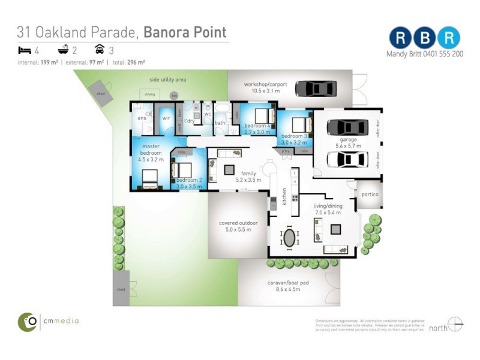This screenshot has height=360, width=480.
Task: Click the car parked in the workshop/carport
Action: click(315, 89)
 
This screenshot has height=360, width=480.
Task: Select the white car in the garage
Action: click(347, 160)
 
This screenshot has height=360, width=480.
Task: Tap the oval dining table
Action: click(290, 237)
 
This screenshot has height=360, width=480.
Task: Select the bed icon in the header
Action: click(25, 50)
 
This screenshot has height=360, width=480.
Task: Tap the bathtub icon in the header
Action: click(62, 50)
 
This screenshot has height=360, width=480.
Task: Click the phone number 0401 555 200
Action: click(442, 53)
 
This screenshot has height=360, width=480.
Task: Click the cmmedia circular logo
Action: click(27, 322)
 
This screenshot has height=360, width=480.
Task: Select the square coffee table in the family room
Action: click(229, 170)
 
